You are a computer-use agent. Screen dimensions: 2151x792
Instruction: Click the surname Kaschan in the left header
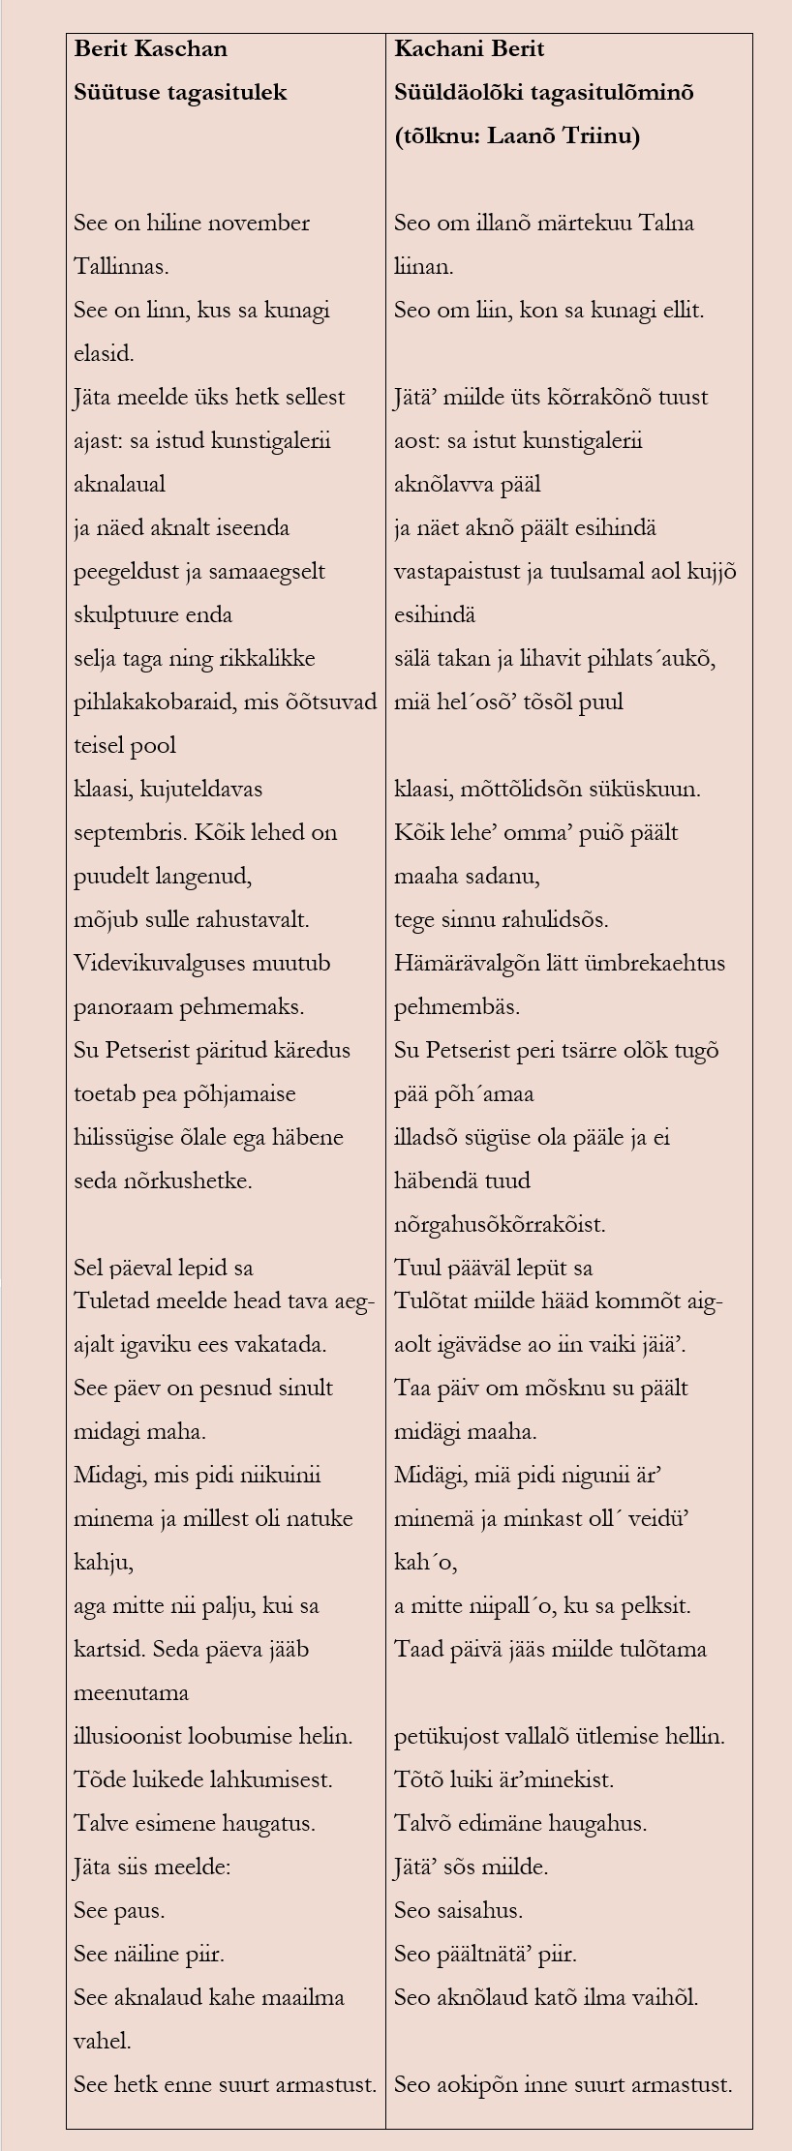click(181, 48)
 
